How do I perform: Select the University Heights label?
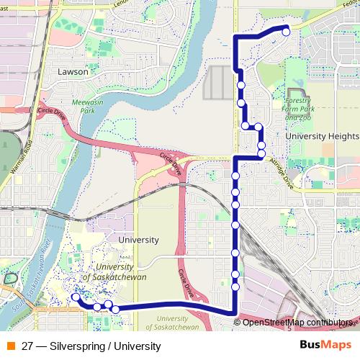click(321, 135)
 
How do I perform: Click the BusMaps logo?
click(326, 344)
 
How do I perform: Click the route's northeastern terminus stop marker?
click(286, 31)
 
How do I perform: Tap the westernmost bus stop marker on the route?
click(75, 297)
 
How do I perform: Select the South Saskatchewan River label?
click(36, 284)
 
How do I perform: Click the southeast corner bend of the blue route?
click(235, 311)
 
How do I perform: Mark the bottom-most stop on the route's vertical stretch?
click(235, 287)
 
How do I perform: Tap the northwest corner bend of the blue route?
click(235, 37)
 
